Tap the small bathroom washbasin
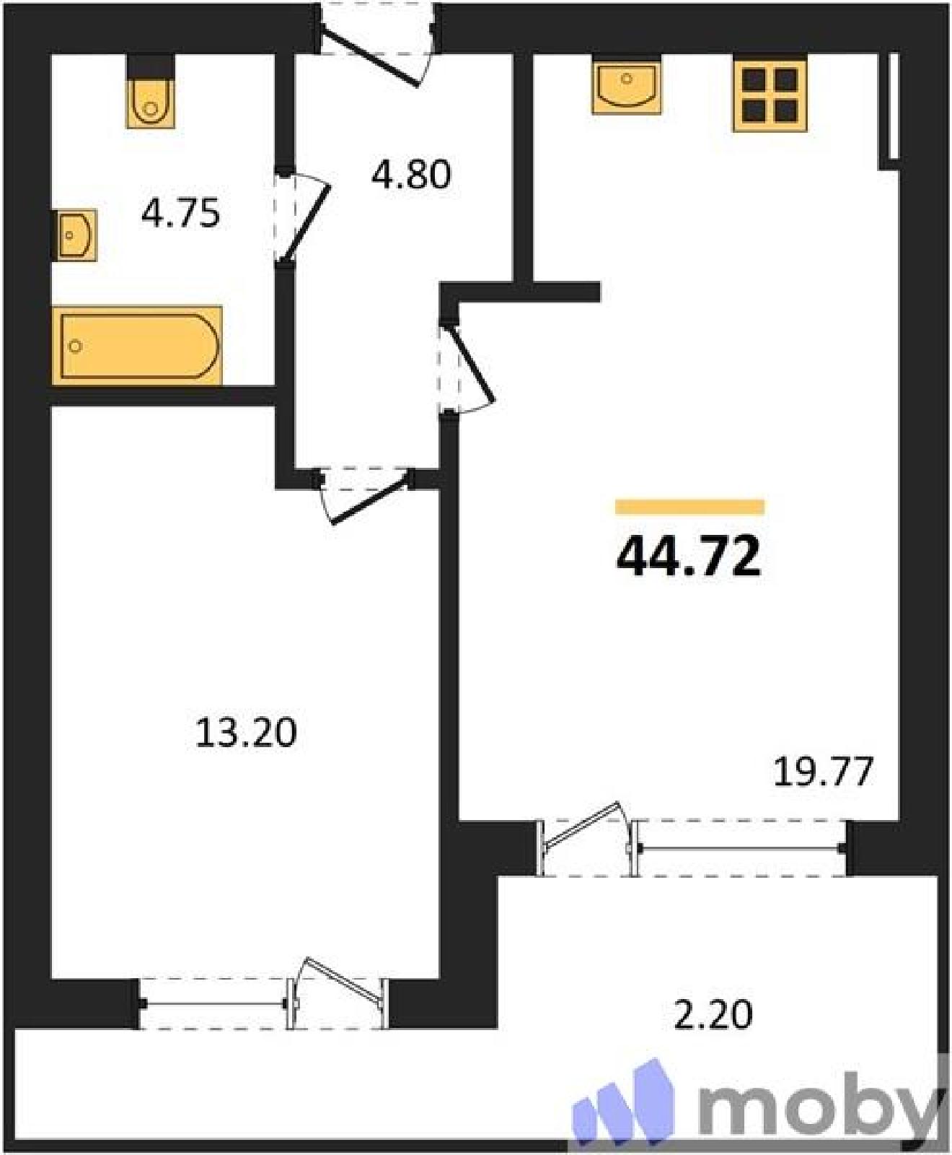[x=74, y=235]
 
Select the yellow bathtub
[x=137, y=345]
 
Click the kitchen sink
[x=626, y=85]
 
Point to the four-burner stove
[x=770, y=95]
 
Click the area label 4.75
[x=180, y=214]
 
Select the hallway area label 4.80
[x=411, y=175]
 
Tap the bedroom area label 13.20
[x=246, y=733]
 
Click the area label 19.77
[x=824, y=772]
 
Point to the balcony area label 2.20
[x=713, y=1014]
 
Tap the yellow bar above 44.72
[x=689, y=507]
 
